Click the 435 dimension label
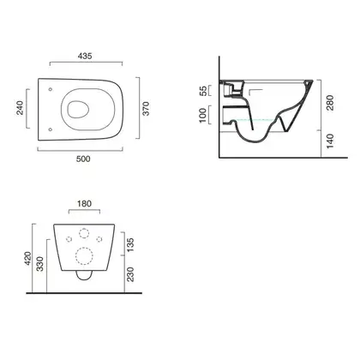pyautogui.click(x=85, y=56)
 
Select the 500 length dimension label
pyautogui.click(x=83, y=159)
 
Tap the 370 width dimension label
pyautogui.click(x=146, y=108)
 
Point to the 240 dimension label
pyautogui.click(x=20, y=108)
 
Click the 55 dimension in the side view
pyautogui.click(x=203, y=91)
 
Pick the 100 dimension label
pyautogui.click(x=202, y=115)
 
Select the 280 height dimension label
pyautogui.click(x=330, y=103)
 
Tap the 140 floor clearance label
pyautogui.click(x=330, y=141)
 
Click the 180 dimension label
pyautogui.click(x=84, y=204)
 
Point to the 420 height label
pyautogui.click(x=28, y=258)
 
